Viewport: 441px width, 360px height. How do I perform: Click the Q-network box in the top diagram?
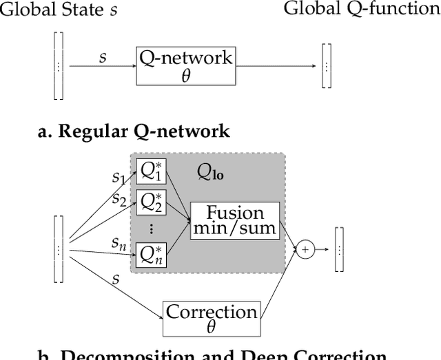pos(185,67)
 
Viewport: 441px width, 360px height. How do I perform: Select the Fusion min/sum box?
pos(236,221)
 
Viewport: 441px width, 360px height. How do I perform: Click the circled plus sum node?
pos(305,250)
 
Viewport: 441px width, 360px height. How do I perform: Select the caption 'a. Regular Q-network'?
pos(133,131)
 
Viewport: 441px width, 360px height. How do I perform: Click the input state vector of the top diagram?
pos(58,67)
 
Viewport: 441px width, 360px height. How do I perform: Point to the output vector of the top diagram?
pos(327,67)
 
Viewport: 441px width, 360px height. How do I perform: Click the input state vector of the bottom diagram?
pos(58,249)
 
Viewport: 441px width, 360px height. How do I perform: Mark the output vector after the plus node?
pos(338,250)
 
